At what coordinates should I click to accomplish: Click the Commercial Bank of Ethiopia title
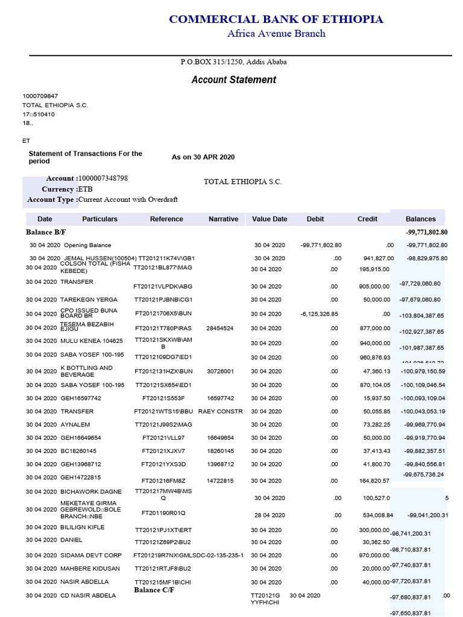click(276, 19)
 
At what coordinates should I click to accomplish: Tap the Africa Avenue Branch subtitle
click(276, 33)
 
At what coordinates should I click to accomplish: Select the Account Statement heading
click(233, 80)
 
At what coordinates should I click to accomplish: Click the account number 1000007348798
click(103, 178)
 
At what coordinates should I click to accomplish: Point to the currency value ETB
click(86, 189)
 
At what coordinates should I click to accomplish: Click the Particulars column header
click(100, 219)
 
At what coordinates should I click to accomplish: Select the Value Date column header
click(269, 219)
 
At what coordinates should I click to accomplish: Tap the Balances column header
click(420, 219)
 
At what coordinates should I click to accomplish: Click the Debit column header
click(315, 219)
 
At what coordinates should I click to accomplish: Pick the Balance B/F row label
click(44, 232)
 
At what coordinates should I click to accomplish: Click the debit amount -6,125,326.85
click(320, 314)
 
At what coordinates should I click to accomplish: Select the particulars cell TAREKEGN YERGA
click(89, 299)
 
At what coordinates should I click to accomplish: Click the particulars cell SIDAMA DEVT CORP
click(91, 555)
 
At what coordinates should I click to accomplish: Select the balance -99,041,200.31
click(427, 515)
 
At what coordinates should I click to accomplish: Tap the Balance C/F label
click(155, 590)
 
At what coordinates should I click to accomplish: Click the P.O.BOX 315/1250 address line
click(233, 62)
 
